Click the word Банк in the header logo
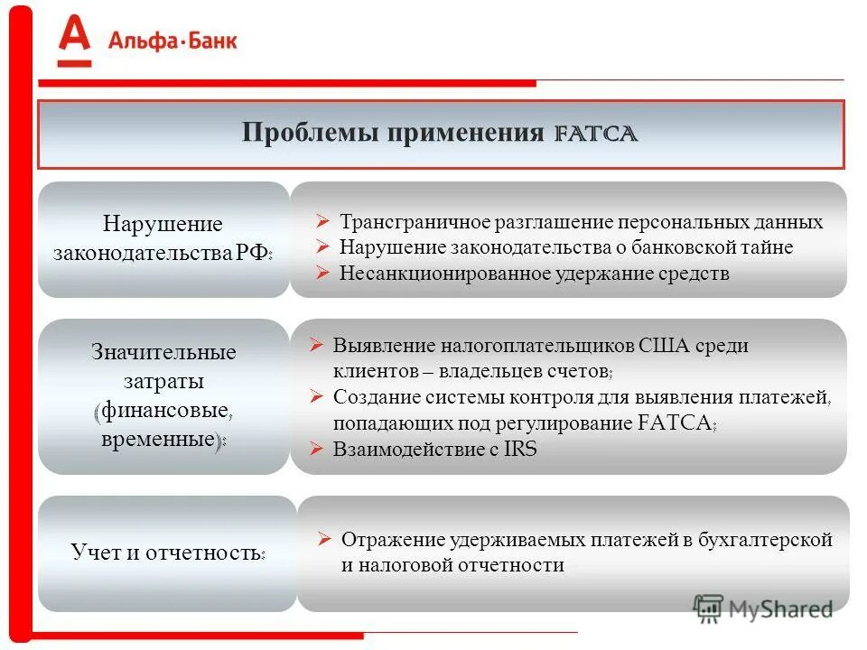click(207, 41)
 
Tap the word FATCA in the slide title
click(596, 134)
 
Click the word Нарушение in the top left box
click(163, 223)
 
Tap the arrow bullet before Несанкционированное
click(322, 273)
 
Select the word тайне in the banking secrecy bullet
click(767, 247)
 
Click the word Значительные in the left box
click(163, 351)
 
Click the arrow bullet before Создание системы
click(316, 396)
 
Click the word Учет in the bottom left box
click(94, 552)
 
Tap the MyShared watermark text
click(780, 608)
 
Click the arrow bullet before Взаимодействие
click(316, 449)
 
